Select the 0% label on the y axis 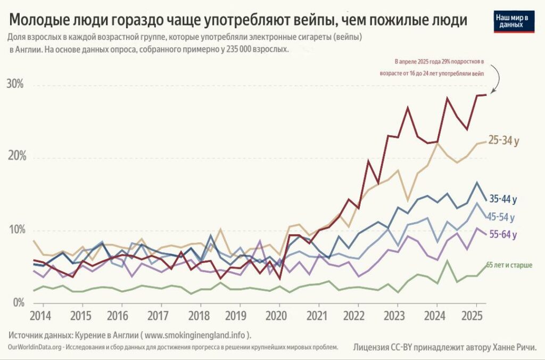pyautogui.click(x=18, y=302)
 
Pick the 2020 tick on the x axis pyautogui.click(x=276, y=315)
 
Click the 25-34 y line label pyautogui.click(x=503, y=141)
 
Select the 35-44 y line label pyautogui.click(x=502, y=200)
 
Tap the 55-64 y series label pyautogui.click(x=502, y=234)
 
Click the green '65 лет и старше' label pyautogui.click(x=509, y=265)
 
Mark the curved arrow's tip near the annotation pyautogui.click(x=491, y=93)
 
